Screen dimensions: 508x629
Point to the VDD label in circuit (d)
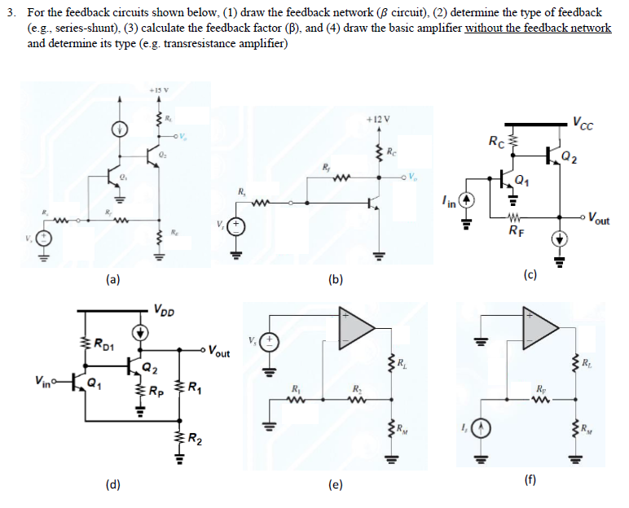pyautogui.click(x=164, y=309)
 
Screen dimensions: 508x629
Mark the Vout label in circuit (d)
pyautogui.click(x=218, y=353)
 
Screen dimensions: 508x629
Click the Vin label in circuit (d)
pyautogui.click(x=43, y=379)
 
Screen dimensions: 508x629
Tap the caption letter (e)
pyautogui.click(x=335, y=485)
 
